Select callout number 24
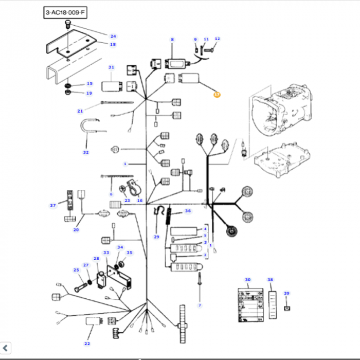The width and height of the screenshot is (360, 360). point(113,36)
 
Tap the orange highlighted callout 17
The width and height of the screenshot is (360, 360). point(217,95)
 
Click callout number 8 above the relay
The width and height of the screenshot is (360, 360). point(172,40)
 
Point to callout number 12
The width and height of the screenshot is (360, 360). point(217,39)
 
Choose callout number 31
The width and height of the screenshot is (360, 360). point(111,67)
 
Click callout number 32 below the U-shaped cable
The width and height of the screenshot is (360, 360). point(86,152)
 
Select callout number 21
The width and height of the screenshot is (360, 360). point(80,111)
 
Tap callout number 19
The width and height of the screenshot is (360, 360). point(89,93)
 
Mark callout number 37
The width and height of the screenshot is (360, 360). point(52,206)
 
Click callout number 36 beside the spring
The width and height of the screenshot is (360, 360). point(188,211)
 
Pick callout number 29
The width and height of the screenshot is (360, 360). point(157,237)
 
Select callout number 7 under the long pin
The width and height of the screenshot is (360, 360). point(200,305)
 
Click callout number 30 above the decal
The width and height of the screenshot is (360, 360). point(248,280)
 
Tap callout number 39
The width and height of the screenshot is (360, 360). point(287,293)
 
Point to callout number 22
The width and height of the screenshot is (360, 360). point(87,343)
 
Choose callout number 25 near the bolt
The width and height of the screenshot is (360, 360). point(76,270)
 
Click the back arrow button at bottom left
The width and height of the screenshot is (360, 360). point(6,349)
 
